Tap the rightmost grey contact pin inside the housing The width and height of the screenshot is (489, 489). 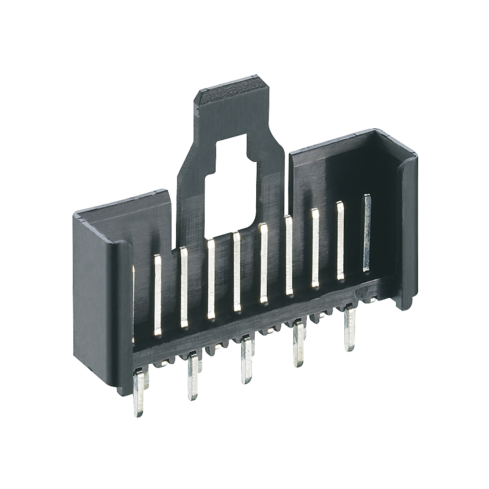tap(367, 232)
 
